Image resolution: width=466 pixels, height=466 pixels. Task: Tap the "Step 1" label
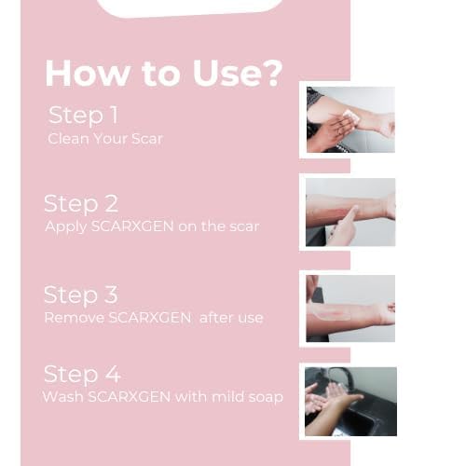(x=84, y=116)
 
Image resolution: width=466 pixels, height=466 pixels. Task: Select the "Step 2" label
(x=80, y=204)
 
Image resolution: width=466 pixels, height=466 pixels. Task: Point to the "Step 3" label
(x=80, y=295)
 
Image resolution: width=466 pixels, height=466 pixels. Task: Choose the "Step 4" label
(x=82, y=375)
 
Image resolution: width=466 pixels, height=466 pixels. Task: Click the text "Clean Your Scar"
(x=105, y=139)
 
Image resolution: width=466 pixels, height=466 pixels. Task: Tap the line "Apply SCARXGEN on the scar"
(x=152, y=226)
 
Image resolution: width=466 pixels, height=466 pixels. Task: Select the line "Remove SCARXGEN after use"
(x=154, y=318)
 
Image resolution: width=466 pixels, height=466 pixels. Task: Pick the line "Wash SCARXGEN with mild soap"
(x=162, y=397)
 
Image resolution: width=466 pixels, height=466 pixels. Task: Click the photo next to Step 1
(x=349, y=119)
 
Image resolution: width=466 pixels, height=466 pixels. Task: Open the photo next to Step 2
(x=349, y=212)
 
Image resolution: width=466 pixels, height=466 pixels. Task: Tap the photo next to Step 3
(x=349, y=308)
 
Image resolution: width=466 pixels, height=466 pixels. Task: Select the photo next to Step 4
(x=349, y=401)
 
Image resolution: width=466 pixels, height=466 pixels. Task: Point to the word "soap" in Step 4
(x=264, y=397)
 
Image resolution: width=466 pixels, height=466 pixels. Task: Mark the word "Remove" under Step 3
(x=72, y=318)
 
